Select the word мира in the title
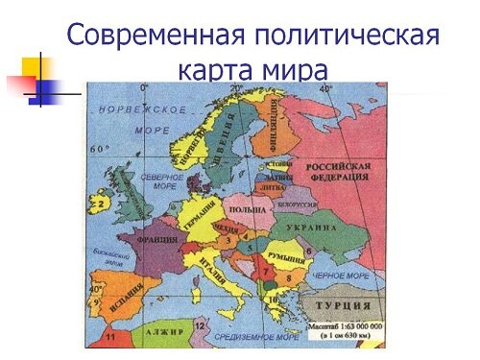click(x=297, y=71)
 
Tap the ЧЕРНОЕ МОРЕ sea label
click(x=338, y=276)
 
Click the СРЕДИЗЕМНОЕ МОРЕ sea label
click(x=253, y=337)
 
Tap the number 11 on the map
click(x=110, y=338)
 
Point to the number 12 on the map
click(x=198, y=325)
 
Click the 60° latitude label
click(x=99, y=150)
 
